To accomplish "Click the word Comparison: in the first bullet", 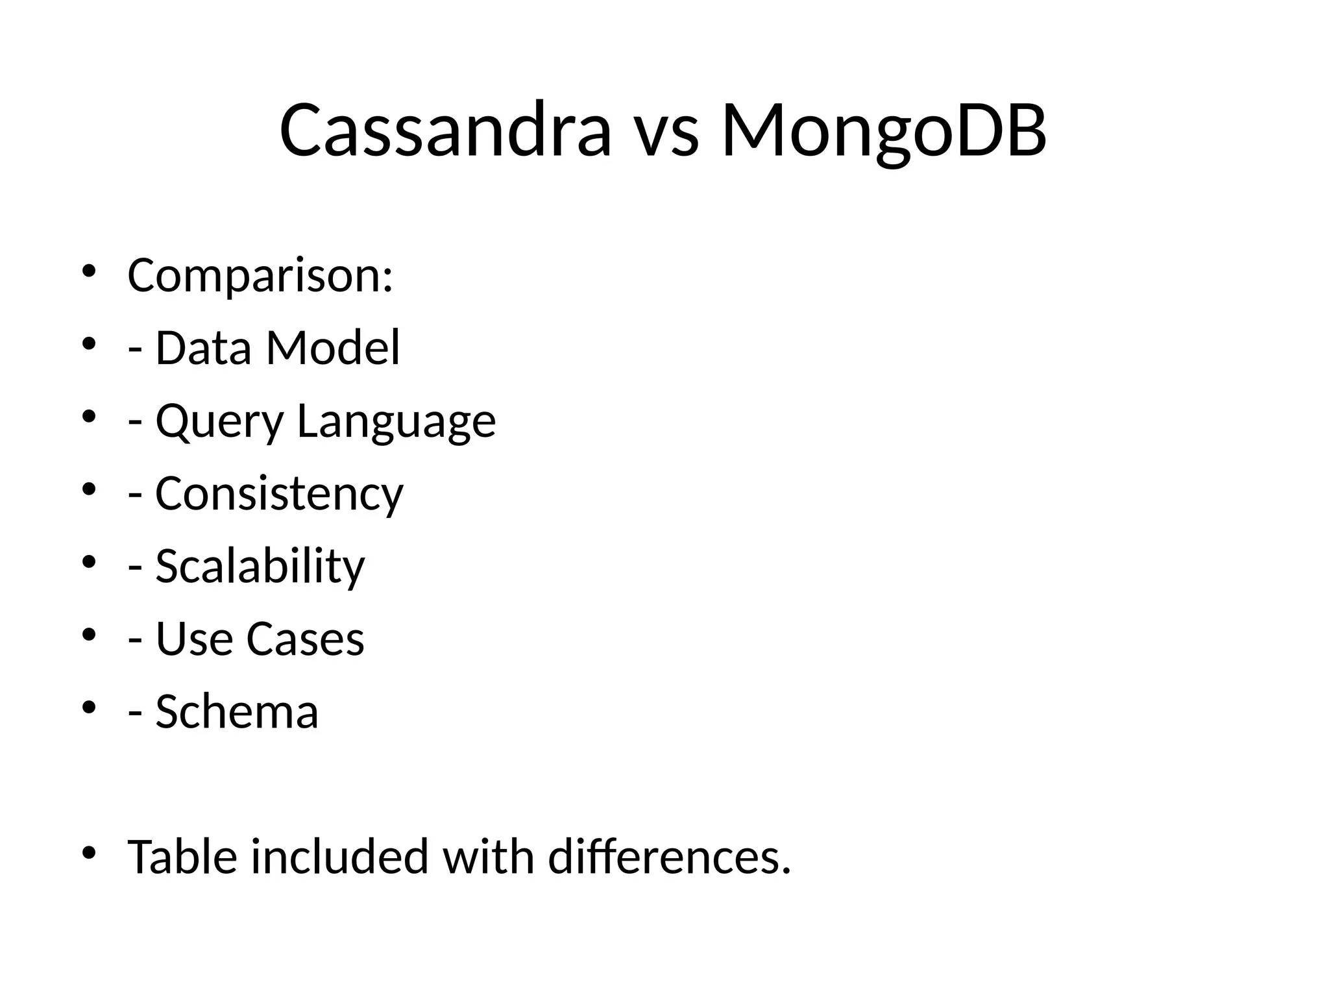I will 260,276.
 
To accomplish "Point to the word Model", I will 333,347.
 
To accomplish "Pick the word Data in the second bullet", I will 203,347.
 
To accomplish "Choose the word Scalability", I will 260,567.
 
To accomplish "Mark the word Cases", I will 305,639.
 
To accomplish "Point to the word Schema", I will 237,712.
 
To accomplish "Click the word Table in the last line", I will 182,857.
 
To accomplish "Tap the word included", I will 339,857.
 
